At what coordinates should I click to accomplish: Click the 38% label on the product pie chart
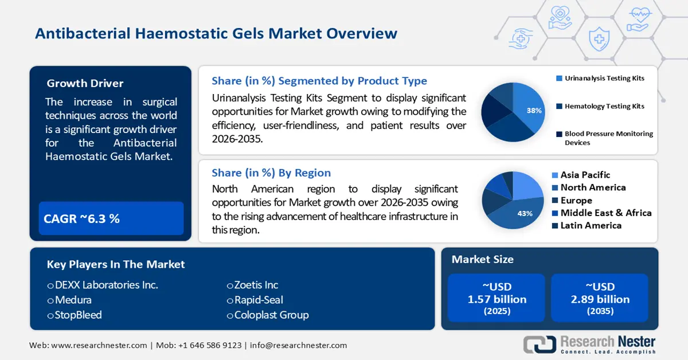[x=534, y=111]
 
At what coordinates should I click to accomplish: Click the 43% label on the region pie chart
[x=525, y=213]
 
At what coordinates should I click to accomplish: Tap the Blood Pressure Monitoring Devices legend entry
[x=608, y=138]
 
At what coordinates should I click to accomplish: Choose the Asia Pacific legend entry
[x=585, y=175]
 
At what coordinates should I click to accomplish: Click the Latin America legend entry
[x=591, y=225]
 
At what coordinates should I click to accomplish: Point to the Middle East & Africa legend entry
[x=605, y=213]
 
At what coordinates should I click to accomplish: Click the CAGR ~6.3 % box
[x=111, y=218]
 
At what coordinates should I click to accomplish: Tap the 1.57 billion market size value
[x=497, y=299]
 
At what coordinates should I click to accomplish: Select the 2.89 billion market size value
[x=600, y=299]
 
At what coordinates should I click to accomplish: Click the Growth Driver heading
[x=85, y=84]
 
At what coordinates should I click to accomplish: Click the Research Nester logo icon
[x=540, y=344]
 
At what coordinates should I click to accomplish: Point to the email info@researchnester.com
[x=298, y=345]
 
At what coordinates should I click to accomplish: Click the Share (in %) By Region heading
[x=271, y=173]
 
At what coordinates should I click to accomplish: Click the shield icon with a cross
[x=599, y=39]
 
